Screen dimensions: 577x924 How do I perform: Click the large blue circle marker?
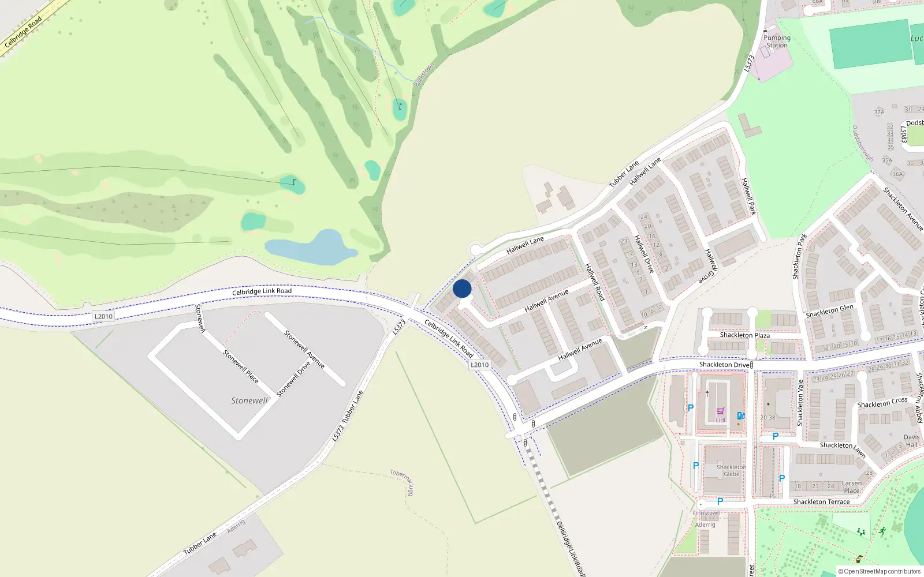point(462,288)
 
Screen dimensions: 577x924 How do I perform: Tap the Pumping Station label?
point(777,42)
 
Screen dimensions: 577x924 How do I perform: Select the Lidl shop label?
point(721,420)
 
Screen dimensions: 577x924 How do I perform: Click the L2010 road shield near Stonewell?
point(103,316)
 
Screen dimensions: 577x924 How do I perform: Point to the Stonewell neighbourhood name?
point(249,400)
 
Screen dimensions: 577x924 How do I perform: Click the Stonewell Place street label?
point(241,366)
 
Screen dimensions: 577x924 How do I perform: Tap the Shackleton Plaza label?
point(744,335)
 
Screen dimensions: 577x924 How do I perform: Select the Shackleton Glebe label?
point(731,471)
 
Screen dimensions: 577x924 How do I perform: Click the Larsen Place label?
point(852,487)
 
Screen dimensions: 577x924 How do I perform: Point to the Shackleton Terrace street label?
point(821,502)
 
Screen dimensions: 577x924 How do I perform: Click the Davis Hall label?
point(911,441)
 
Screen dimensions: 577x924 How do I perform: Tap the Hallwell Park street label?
point(748,197)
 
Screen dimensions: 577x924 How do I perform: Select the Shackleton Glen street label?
point(829,311)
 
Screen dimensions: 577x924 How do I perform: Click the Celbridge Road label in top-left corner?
point(23,32)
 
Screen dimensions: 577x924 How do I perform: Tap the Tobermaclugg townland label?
point(403,482)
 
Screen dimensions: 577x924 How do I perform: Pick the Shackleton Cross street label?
point(882,402)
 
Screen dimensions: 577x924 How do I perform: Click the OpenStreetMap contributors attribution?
point(880,571)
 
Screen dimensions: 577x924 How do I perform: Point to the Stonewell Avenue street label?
point(304,349)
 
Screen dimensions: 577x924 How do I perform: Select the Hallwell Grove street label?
point(711,266)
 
